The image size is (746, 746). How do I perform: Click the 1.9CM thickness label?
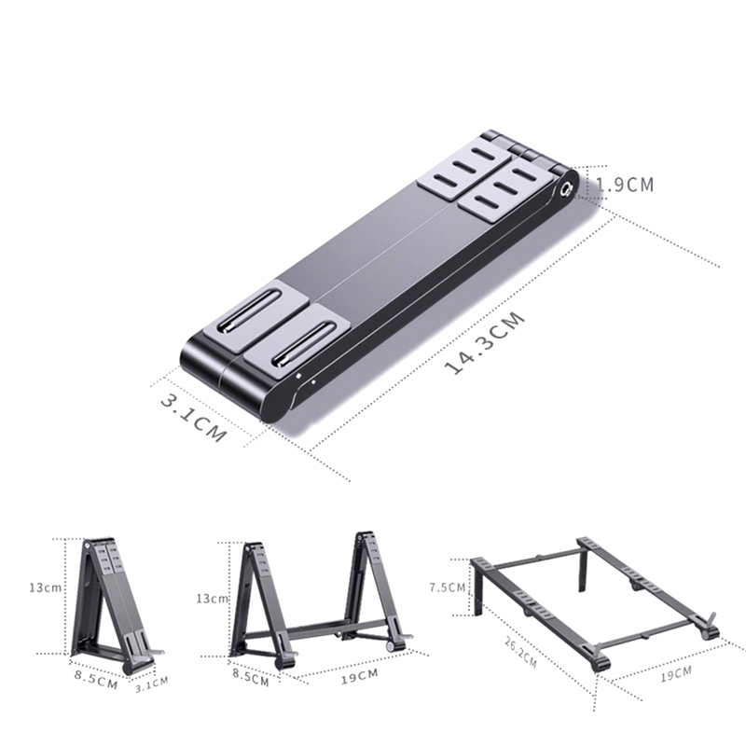tap(625, 185)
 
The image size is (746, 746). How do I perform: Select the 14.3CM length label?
tap(485, 342)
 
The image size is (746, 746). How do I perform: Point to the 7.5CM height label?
tap(446, 587)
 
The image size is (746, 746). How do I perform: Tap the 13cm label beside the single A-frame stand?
tap(44, 587)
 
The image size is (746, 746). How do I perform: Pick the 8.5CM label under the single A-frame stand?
tap(94, 680)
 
